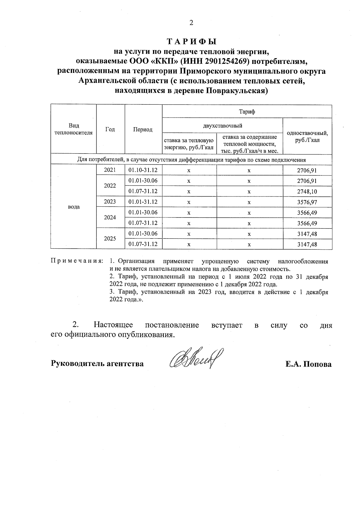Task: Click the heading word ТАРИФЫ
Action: pos(191,41)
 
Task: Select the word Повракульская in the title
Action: pos(236,91)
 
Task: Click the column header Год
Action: pos(110,129)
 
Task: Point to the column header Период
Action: pos(143,130)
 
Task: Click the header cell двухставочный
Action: pos(222,125)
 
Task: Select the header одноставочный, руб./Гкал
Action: pos(307,136)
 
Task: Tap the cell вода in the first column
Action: pos(73,207)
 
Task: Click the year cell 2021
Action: pos(110,170)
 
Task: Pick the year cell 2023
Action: pos(110,202)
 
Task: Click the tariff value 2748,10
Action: pos(307,192)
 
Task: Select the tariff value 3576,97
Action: pos(307,202)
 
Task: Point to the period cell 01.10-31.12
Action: pos(143,170)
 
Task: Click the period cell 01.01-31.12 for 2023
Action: pos(143,202)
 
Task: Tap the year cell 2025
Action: pos(110,239)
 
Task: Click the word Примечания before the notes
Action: pos(77,261)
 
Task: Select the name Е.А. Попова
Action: pos(308,364)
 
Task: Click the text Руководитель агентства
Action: pos(97,364)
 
